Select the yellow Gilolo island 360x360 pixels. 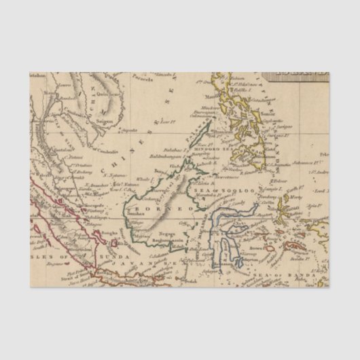coord(294,204)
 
